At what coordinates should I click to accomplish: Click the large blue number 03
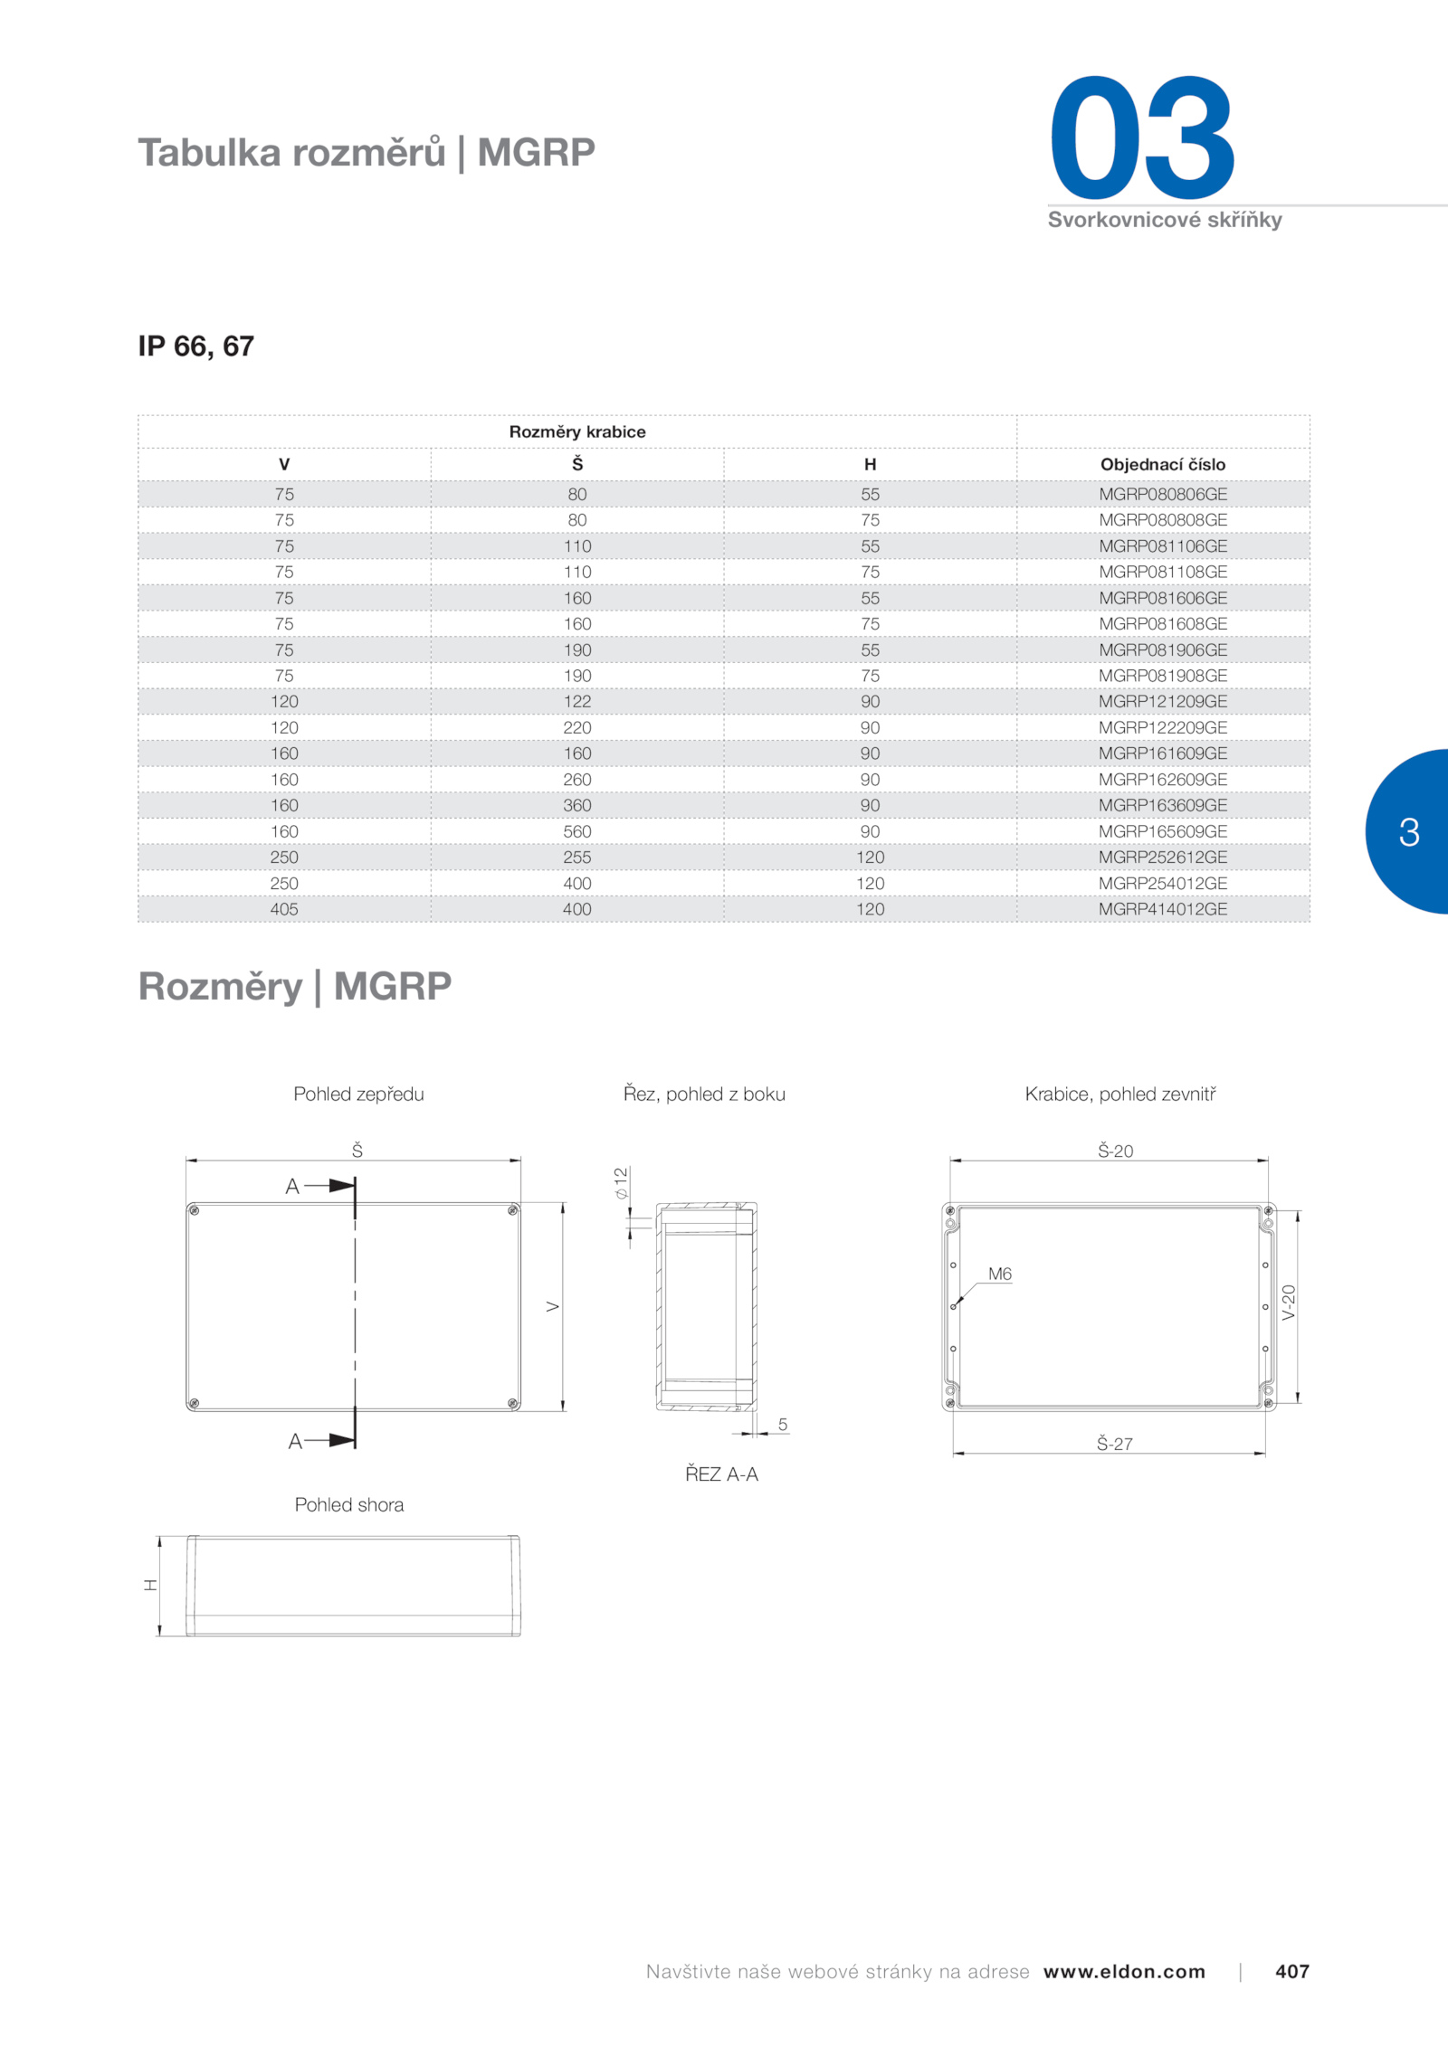click(x=1142, y=137)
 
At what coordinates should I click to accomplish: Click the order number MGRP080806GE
click(x=1163, y=494)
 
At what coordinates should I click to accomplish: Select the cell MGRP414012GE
click(x=1163, y=909)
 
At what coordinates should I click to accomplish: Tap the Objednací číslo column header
click(x=1163, y=464)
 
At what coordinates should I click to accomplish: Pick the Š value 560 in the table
click(x=577, y=831)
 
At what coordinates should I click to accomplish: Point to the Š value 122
click(x=577, y=701)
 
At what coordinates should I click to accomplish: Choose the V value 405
click(x=284, y=909)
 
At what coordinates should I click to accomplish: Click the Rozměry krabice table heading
click(x=577, y=431)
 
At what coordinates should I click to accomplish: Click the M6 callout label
click(x=1000, y=1274)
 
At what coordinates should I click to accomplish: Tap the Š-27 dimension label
click(x=1115, y=1444)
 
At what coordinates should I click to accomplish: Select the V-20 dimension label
click(x=1289, y=1303)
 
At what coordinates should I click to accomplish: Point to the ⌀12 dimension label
click(x=621, y=1183)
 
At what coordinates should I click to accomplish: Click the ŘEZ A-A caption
click(x=721, y=1474)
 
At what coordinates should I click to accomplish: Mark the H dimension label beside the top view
click(x=151, y=1585)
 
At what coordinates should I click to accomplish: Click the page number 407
click(x=1292, y=1971)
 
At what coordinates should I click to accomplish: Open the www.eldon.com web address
click(x=1124, y=1972)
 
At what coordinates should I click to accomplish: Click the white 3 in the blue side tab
click(x=1409, y=832)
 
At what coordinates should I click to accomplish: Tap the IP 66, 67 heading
click(x=196, y=346)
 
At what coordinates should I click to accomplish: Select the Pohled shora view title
click(x=349, y=1504)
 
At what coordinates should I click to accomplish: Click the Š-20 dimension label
click(x=1115, y=1151)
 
